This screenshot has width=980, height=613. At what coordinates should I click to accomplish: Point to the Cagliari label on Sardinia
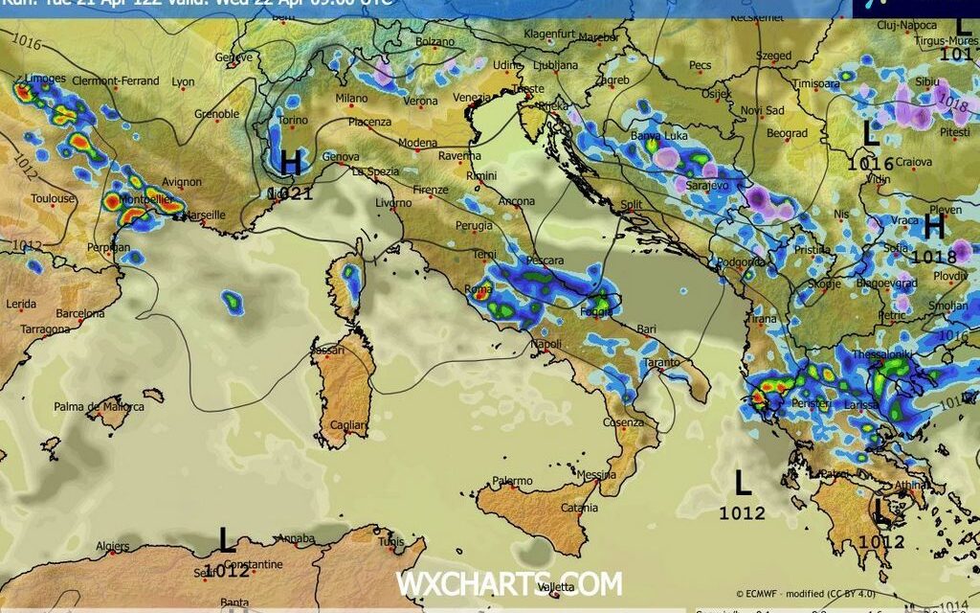(347, 424)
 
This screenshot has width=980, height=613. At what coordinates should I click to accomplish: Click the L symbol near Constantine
(226, 541)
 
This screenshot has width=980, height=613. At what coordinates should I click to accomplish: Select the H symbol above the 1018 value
(934, 227)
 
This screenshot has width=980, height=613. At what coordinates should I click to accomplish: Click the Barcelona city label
(80, 313)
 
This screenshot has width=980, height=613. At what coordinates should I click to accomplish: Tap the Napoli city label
(546, 344)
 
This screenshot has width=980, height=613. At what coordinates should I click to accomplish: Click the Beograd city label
(787, 133)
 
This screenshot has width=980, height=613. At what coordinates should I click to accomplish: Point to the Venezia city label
(472, 98)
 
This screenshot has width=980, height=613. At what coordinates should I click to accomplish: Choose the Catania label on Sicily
(580, 508)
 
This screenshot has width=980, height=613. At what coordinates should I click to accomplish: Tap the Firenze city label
(430, 191)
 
